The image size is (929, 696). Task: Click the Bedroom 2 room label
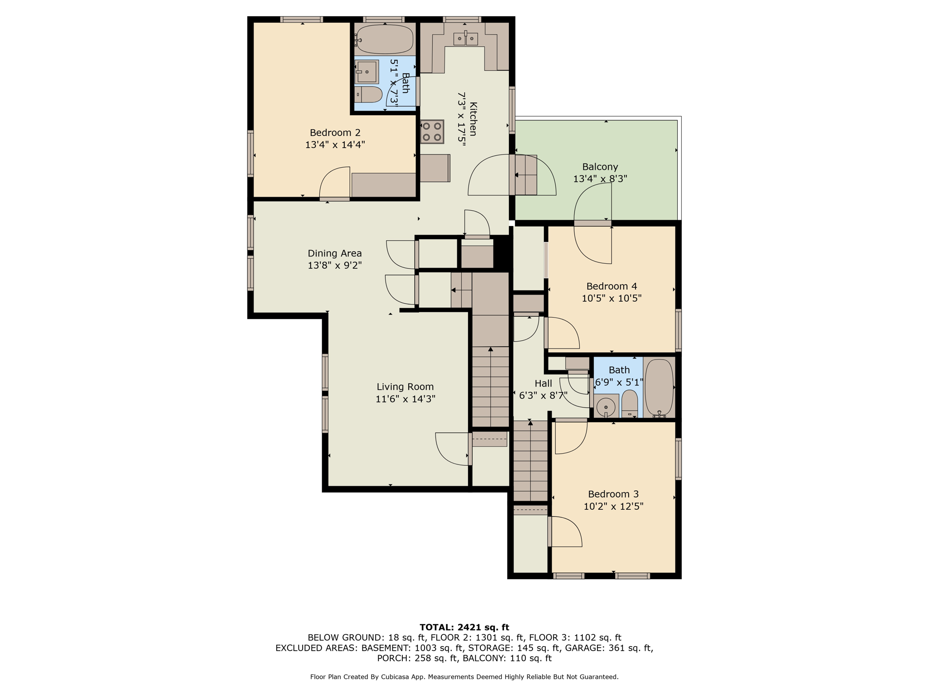335,133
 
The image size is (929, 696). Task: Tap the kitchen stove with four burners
432,131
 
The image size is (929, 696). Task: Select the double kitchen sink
465,39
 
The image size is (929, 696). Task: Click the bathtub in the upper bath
384,39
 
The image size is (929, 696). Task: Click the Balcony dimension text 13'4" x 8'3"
600,179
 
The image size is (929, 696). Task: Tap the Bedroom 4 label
611,286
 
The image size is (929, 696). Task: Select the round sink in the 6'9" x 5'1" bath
606,407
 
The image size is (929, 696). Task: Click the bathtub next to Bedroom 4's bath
659,387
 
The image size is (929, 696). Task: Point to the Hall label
543,384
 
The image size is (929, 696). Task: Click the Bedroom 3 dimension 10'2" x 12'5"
613,506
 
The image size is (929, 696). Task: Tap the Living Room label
405,387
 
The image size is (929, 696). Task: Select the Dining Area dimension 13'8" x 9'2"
334,265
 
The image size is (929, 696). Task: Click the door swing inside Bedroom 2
335,184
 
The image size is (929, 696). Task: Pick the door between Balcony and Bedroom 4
593,223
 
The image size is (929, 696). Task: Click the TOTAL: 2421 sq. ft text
464,627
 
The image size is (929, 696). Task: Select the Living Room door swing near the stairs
452,449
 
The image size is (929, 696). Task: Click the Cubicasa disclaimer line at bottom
464,677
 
